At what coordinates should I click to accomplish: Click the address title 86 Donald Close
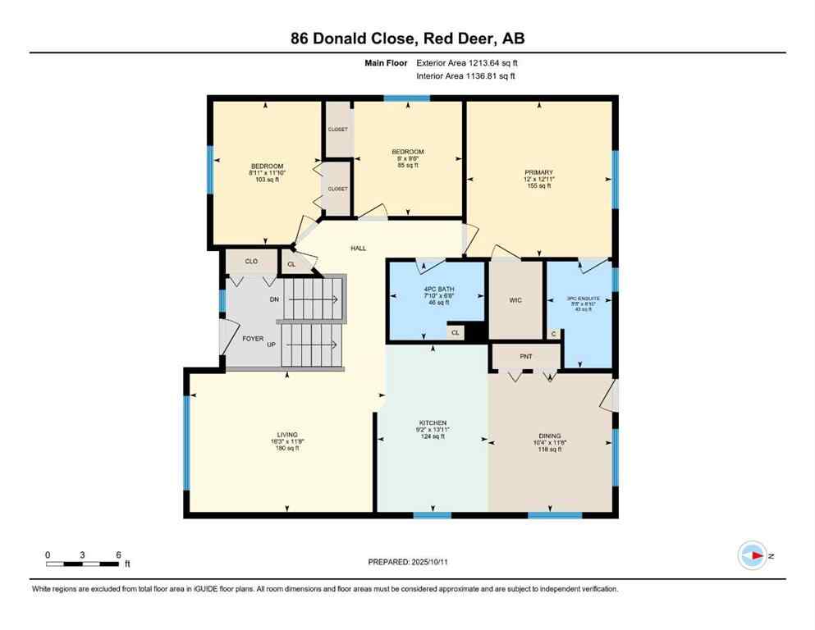click(407, 38)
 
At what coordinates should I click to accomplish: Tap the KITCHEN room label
click(431, 423)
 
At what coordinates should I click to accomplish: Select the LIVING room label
click(287, 435)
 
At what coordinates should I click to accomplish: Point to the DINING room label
click(550, 436)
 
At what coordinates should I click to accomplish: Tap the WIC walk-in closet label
click(515, 300)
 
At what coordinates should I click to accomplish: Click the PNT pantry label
click(526, 358)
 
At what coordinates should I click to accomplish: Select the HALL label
click(359, 249)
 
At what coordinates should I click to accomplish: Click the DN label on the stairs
click(274, 299)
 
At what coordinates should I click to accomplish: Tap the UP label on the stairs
click(271, 345)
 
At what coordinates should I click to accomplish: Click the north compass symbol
click(752, 555)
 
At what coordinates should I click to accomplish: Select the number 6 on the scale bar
click(119, 555)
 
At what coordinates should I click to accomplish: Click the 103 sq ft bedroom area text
click(264, 180)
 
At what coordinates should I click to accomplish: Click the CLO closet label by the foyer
click(251, 262)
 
